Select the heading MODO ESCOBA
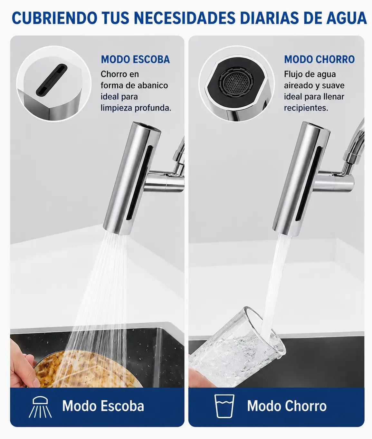click(135, 59)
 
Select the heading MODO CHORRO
click(320, 59)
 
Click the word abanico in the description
click(153, 85)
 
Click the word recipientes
click(306, 108)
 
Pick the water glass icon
click(224, 406)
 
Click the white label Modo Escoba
click(103, 406)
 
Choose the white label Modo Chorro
click(287, 406)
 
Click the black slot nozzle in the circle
click(52, 80)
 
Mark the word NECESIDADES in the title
click(185, 18)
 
